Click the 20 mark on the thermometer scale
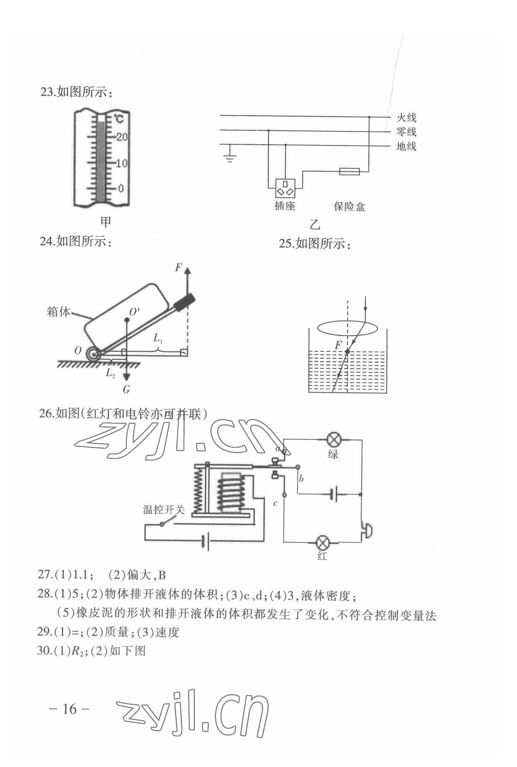tap(122, 137)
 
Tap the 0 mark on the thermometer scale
tap(121, 188)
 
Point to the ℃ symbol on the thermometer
tap(119, 119)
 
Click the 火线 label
tap(406, 118)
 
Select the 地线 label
tap(406, 147)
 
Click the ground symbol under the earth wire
tap(230, 157)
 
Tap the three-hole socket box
tap(285, 188)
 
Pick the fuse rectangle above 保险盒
tap(349, 171)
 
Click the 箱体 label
tap(59, 312)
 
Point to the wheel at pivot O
tap(93, 354)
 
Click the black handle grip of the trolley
tap(184, 302)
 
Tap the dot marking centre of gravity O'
tap(127, 320)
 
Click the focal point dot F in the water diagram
tap(347, 351)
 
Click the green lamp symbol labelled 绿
tap(333, 440)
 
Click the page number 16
tap(70, 709)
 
